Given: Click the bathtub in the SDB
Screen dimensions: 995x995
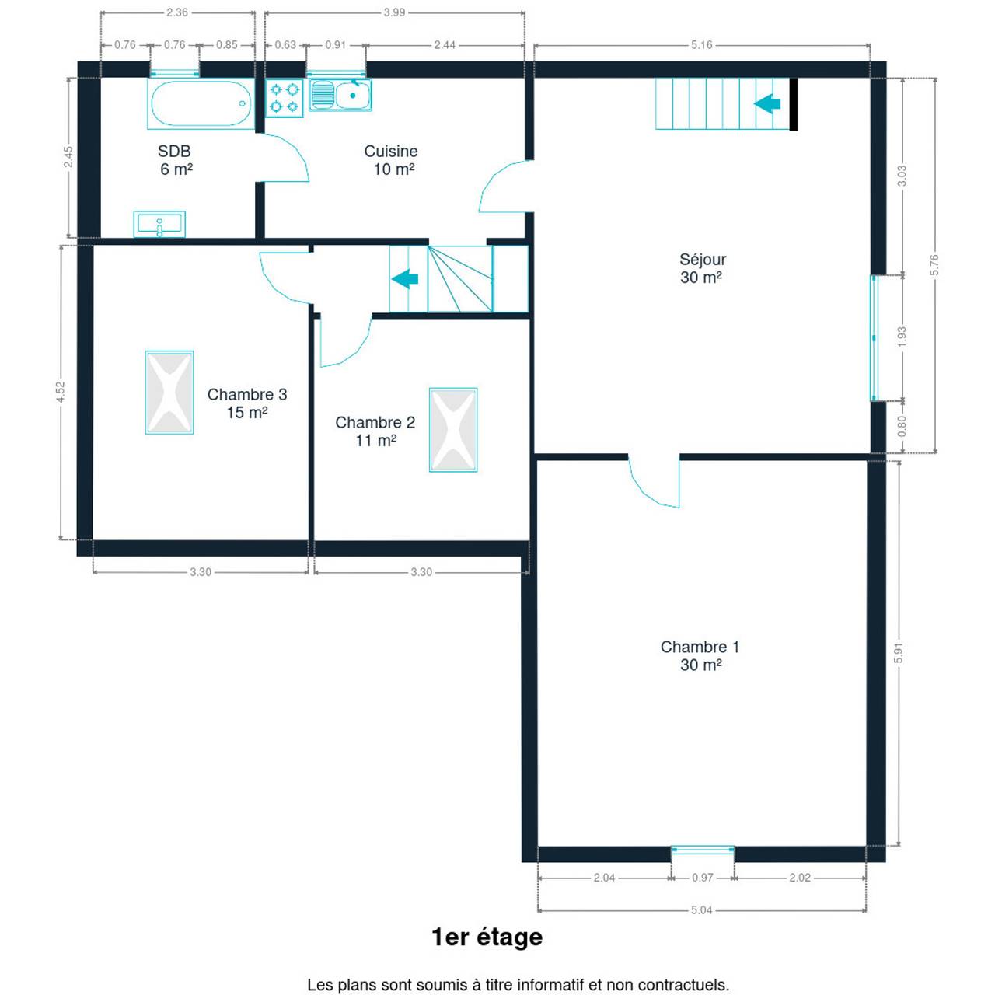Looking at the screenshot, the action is coord(201,103).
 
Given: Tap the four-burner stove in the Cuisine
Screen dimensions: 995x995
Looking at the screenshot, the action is coord(284,98).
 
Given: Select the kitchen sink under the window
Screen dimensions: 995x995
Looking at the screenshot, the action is coord(340,95).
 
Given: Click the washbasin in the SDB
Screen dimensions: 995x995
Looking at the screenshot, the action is coord(159,224).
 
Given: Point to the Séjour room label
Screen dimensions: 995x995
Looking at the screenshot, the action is coord(702,268).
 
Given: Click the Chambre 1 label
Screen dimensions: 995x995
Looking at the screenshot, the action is coord(700,656).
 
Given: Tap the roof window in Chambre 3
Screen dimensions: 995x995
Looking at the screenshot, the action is coord(169,393).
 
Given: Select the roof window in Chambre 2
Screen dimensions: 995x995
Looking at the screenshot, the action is coord(453,430).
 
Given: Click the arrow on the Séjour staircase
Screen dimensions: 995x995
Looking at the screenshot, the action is coord(767,104).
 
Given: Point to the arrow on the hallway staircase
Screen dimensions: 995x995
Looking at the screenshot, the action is coord(405,279).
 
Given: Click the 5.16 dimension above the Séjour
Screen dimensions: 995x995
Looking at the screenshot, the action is coord(702,45).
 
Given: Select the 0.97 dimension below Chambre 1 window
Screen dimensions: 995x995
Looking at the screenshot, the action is coord(702,878).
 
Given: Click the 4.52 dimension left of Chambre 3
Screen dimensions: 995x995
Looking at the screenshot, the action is coord(61,392).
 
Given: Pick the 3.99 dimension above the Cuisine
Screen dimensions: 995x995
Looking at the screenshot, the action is coord(394,13).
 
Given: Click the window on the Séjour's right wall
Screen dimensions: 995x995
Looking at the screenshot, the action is coord(875,338).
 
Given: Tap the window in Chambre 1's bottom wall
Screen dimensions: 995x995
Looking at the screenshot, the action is coord(703,850).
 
